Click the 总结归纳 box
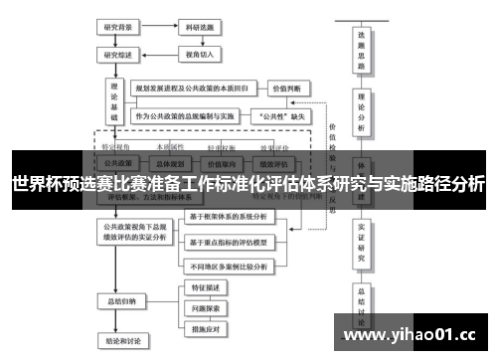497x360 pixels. coord(120,299)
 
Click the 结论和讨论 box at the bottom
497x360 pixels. coord(120,345)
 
